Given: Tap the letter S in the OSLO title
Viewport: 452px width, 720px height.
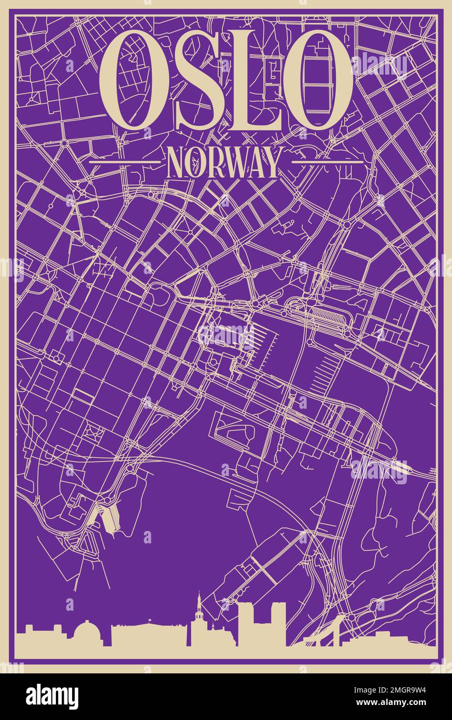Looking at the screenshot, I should tap(192, 80).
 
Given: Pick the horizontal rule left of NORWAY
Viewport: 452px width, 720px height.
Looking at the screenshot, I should tap(124, 162).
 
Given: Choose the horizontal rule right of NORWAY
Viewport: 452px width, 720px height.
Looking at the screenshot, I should tap(327, 162).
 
